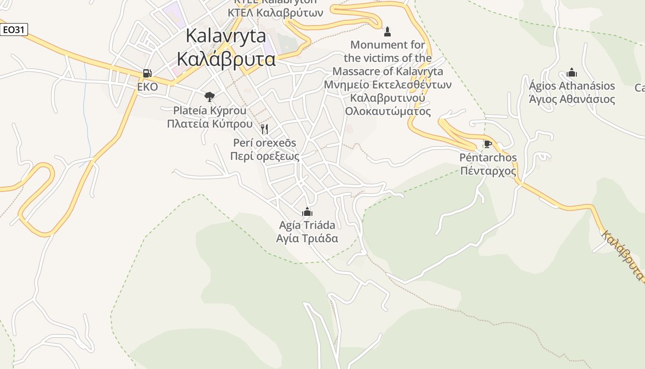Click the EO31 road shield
coord(14,30)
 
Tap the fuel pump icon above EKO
coord(147,73)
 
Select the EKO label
coord(147,87)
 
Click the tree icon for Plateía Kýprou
coord(210,96)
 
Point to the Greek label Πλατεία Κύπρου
coord(210,124)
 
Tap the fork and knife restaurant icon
coord(264,129)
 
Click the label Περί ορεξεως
coord(264,156)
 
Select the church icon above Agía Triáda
coord(307,212)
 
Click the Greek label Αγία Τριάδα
coord(307,238)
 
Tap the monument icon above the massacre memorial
coord(387,31)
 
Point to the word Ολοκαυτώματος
coord(388,111)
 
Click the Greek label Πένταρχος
coord(488,171)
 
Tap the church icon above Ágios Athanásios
coord(572,72)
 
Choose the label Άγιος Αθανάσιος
coord(572,99)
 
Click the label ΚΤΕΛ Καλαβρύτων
coord(276,12)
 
